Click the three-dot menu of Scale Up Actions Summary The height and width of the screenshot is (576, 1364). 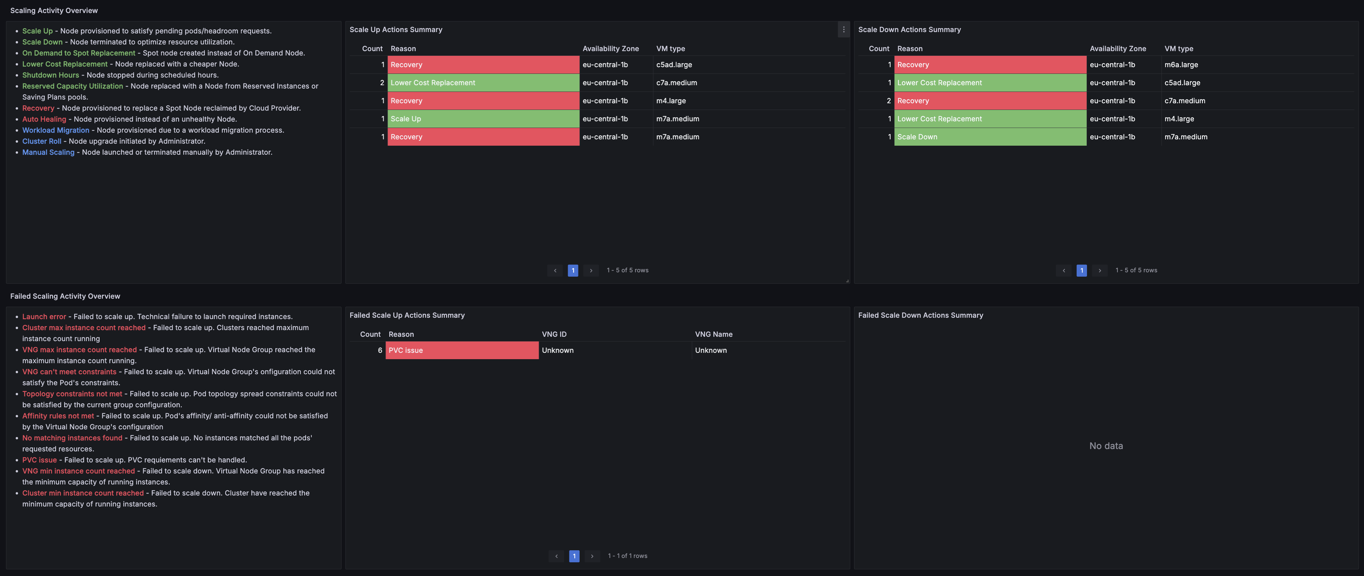pos(843,30)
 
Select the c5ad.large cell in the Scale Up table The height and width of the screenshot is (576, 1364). pos(674,64)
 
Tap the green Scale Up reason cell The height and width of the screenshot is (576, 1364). pos(484,119)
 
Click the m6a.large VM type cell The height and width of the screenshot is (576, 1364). pos(1181,64)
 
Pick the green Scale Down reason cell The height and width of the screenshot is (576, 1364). pos(990,137)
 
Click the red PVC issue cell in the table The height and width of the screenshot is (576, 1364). pos(462,350)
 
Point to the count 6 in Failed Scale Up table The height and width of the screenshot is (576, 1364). pos(380,350)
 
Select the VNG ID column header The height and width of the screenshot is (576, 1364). pos(554,334)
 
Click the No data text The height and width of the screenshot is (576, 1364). pos(1106,446)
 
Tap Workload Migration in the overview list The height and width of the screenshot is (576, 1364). pos(55,130)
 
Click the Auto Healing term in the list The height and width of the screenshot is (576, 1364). pos(44,119)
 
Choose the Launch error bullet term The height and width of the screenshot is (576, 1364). pos(44,317)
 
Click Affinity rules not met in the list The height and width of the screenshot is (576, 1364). pos(58,416)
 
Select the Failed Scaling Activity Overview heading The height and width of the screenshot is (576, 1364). pos(65,296)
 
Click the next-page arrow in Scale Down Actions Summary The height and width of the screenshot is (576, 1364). pos(1100,271)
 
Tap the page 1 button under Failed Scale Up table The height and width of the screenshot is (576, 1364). pos(574,556)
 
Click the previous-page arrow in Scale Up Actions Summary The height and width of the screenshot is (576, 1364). pos(555,271)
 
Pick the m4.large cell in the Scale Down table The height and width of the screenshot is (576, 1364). pos(1179,119)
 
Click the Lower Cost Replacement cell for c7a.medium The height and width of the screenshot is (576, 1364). pos(484,83)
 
